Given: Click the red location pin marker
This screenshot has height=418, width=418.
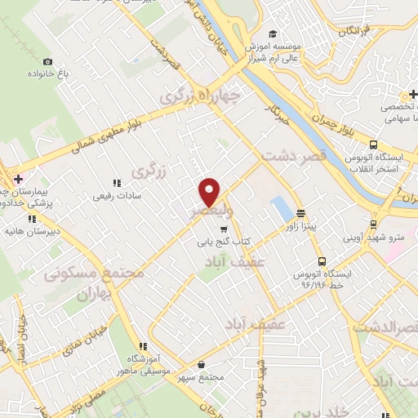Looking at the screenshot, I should click(x=210, y=192).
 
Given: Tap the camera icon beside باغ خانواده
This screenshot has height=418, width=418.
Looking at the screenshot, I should click(x=47, y=62).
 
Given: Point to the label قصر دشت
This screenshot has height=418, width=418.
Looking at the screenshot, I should click(x=293, y=155).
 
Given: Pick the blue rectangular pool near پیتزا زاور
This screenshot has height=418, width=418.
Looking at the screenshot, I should click(x=280, y=207).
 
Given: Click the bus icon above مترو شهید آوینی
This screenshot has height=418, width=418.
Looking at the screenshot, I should click(x=373, y=223).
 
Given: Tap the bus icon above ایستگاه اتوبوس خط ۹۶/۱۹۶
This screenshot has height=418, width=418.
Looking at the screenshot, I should click(x=323, y=261).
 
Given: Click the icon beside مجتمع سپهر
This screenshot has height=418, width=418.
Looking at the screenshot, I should click(x=215, y=365).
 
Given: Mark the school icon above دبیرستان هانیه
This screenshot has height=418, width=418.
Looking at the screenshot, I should click(x=31, y=219).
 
